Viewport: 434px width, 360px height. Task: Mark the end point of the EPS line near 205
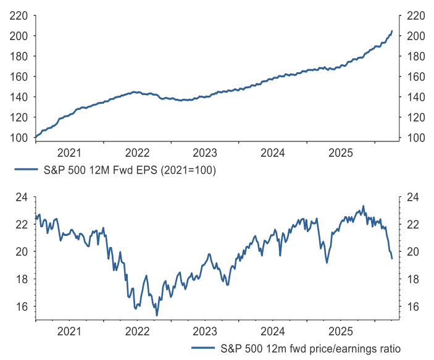(x=392, y=31)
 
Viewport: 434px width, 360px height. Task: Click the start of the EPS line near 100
(x=36, y=136)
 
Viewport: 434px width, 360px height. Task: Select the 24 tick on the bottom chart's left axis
(x=22, y=197)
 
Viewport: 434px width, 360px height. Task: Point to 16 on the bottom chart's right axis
(x=412, y=307)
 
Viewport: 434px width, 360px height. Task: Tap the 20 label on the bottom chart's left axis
(x=22, y=252)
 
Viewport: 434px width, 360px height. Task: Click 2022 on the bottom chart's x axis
(x=137, y=332)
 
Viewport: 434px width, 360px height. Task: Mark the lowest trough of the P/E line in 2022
(x=157, y=316)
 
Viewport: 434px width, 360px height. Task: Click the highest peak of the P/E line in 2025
(x=363, y=206)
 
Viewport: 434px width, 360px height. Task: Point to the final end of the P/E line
(x=392, y=258)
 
